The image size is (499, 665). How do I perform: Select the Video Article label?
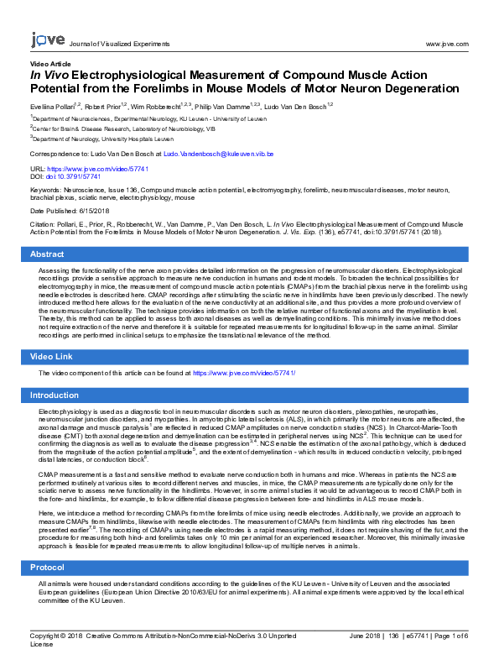point(50,64)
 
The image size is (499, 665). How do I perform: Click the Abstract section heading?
point(47,254)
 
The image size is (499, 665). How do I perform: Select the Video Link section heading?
point(52,358)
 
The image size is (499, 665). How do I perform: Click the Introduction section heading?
point(55,395)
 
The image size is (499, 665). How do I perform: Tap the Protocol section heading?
point(48,568)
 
